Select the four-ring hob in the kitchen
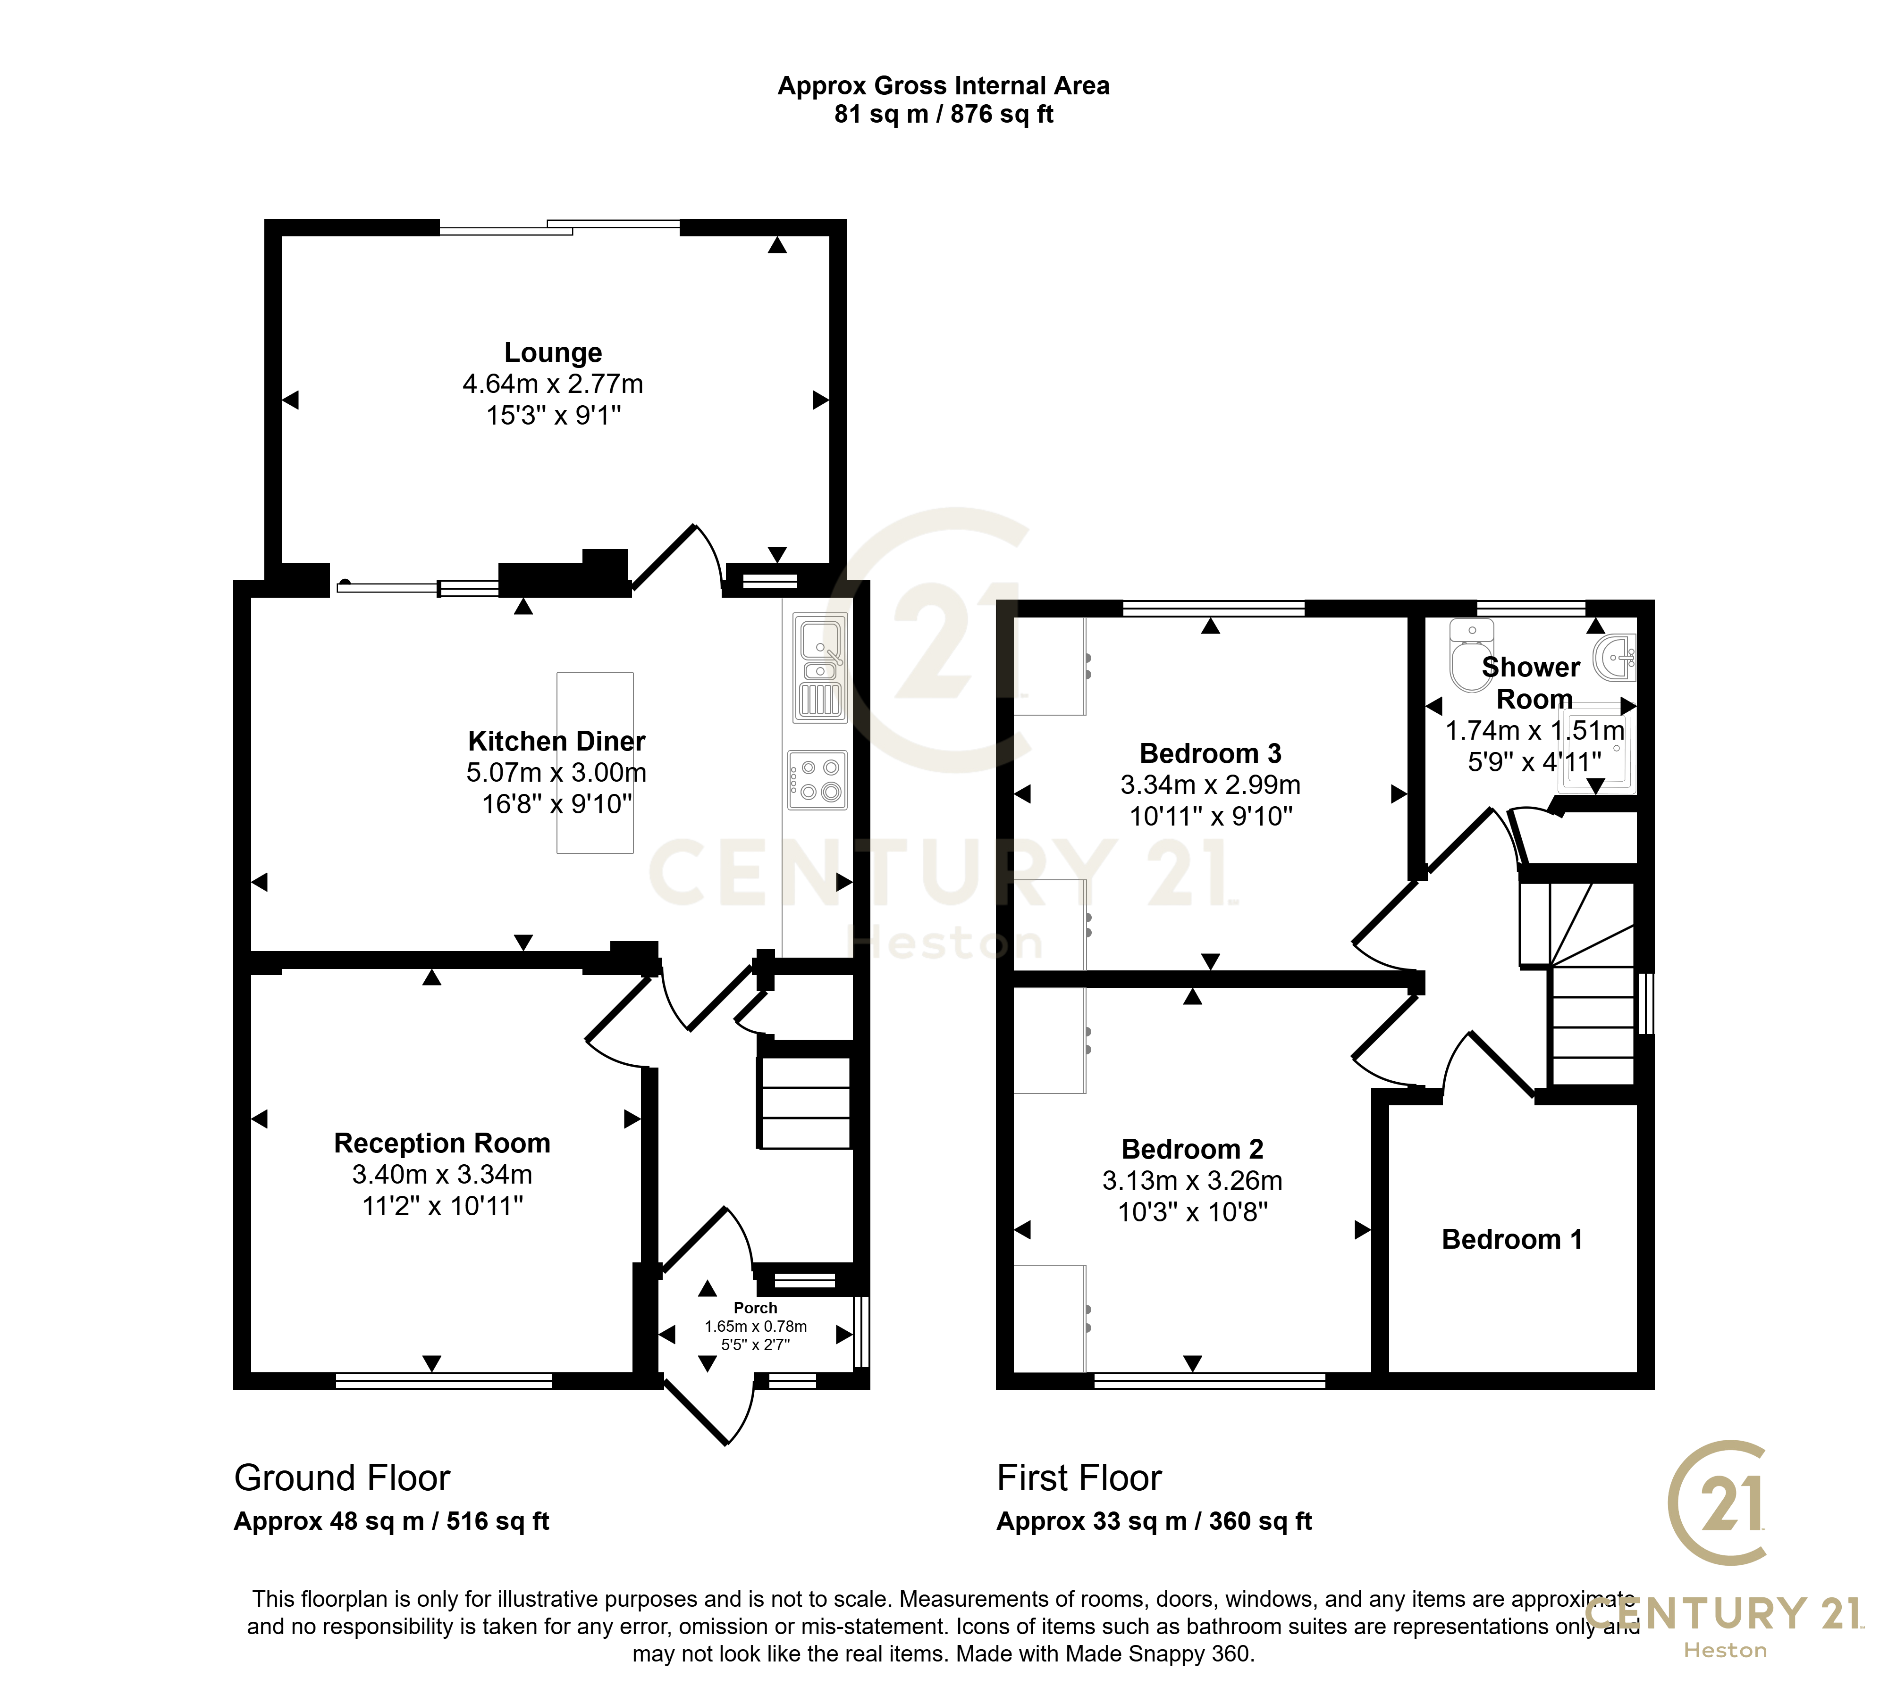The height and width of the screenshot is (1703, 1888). tap(817, 779)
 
